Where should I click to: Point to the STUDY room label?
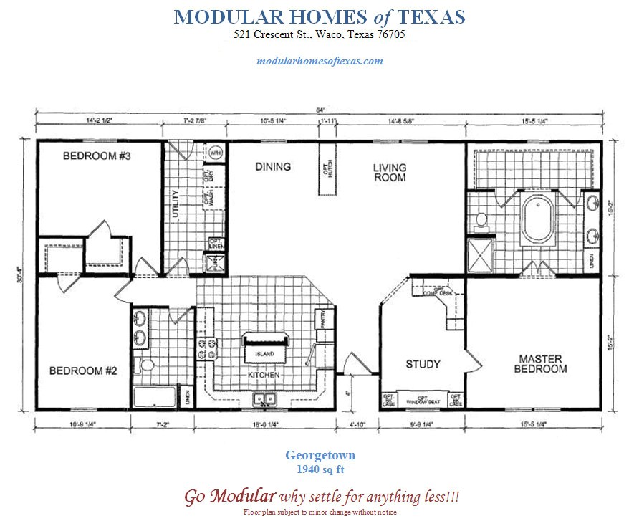(423, 364)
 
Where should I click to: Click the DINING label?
(273, 167)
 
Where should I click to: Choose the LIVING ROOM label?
(389, 172)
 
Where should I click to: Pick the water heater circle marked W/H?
(216, 152)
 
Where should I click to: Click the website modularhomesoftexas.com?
(320, 61)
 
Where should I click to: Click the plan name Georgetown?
(320, 455)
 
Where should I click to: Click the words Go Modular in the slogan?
(230, 496)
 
